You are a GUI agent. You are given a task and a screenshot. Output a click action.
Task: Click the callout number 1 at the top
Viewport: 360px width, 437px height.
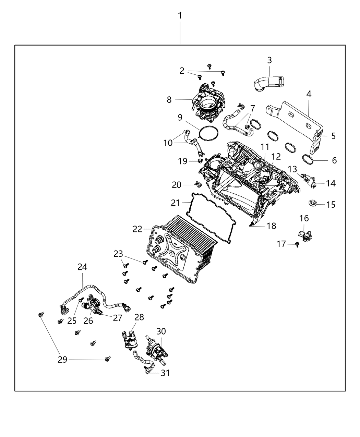[x=180, y=16]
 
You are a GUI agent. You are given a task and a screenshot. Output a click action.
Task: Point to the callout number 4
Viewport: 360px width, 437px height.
[x=309, y=94]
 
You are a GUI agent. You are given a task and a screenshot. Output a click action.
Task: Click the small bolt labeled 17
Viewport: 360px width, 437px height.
[x=297, y=244]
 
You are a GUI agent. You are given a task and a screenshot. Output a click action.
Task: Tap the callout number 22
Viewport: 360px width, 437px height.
[x=137, y=229]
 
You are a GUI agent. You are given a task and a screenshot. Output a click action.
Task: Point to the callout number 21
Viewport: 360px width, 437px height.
[x=175, y=203]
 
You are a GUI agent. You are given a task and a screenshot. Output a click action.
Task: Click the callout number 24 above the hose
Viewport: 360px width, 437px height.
[x=82, y=267]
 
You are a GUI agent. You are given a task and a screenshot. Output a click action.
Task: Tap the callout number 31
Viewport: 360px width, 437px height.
[x=165, y=373]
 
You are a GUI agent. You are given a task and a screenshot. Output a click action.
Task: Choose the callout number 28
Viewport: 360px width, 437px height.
[x=139, y=317]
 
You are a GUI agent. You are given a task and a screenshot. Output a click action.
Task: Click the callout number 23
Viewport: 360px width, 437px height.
[x=118, y=254]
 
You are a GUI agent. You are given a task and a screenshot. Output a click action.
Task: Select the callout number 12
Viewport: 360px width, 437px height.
[x=276, y=157]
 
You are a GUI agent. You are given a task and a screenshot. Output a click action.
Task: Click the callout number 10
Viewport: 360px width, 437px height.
[x=168, y=143]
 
